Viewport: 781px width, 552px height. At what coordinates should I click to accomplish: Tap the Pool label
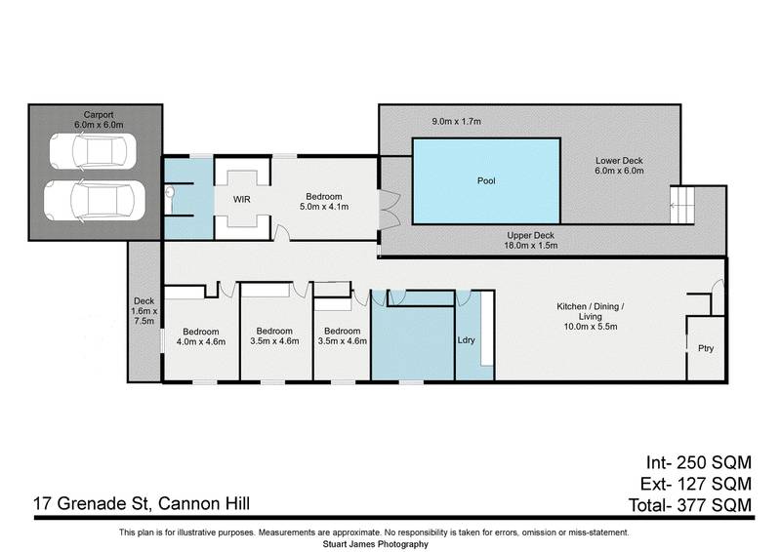[x=486, y=181]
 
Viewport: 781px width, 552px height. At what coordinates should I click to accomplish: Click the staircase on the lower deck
[x=680, y=206]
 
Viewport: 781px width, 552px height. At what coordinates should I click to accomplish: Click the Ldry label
[x=467, y=340]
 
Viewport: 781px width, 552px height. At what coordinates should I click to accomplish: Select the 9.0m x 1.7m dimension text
[x=457, y=121]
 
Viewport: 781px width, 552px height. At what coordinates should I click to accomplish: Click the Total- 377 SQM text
[x=691, y=504]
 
